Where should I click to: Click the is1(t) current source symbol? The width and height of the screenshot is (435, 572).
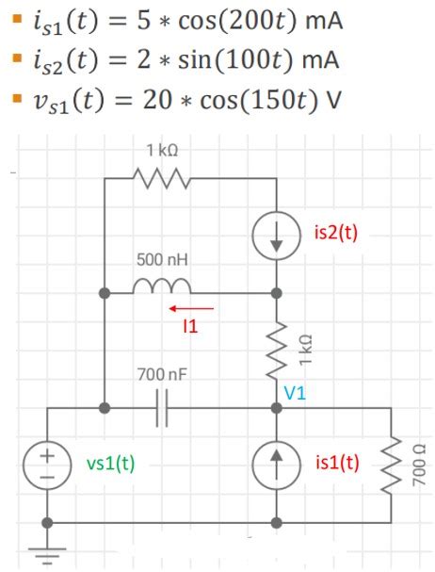(x=277, y=463)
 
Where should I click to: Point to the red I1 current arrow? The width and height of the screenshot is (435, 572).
(x=192, y=306)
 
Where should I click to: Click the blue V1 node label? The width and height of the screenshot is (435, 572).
(x=296, y=393)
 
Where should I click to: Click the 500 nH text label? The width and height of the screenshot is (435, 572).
(x=163, y=258)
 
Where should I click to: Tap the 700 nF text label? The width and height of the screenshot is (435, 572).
(x=163, y=374)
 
